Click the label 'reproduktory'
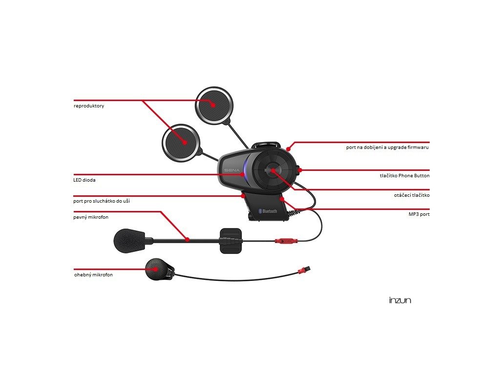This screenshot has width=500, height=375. click(89, 106)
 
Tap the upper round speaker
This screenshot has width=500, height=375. click(214, 105)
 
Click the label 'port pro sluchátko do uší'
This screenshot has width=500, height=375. click(102, 201)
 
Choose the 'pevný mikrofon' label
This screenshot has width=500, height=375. click(91, 216)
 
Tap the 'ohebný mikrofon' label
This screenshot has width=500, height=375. click(93, 275)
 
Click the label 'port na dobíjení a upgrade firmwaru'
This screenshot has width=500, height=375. click(387, 147)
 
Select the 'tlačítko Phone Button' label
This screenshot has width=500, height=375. click(404, 175)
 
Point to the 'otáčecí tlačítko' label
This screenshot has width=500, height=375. click(411, 195)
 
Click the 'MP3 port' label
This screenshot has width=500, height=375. click(419, 214)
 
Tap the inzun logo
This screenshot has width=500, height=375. click(400, 300)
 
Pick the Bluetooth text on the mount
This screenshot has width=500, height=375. click(269, 211)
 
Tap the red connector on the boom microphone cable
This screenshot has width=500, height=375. click(284, 241)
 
